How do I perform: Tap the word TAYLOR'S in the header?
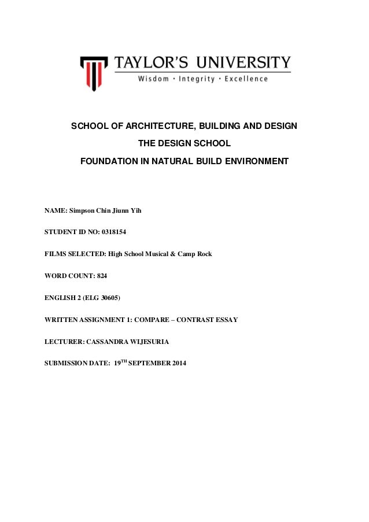tap(152, 62)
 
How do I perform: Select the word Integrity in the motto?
tap(198, 79)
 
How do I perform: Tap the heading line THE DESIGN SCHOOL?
tap(184, 142)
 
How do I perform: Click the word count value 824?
tap(102, 276)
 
